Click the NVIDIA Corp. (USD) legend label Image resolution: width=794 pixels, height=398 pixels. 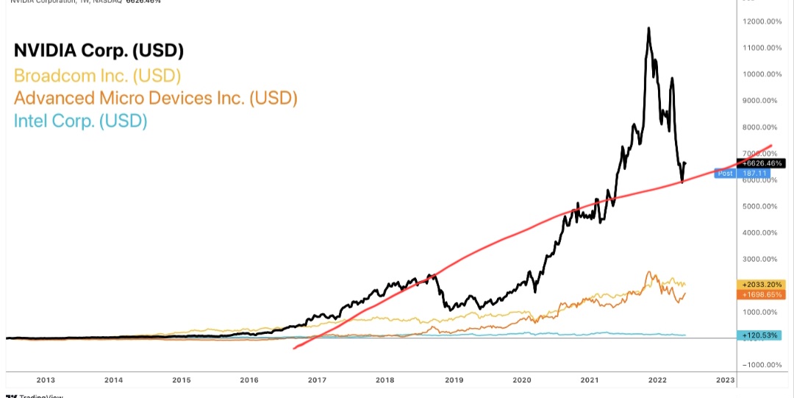[99, 51]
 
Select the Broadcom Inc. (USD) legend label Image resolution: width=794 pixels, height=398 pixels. [97, 75]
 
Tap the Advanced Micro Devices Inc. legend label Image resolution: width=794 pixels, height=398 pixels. [155, 98]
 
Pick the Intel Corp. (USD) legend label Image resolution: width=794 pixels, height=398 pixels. [81, 121]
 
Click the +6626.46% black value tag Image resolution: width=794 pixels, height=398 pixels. [759, 163]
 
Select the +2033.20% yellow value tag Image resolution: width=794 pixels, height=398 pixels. [759, 284]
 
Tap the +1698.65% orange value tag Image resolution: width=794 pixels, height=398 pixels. [759, 294]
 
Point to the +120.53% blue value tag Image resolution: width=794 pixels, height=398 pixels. [759, 336]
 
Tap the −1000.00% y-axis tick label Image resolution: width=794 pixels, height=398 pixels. [762, 365]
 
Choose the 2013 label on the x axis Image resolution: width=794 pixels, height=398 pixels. [46, 380]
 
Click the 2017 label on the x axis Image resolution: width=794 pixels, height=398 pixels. [317, 380]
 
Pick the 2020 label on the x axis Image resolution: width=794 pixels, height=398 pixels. [521, 380]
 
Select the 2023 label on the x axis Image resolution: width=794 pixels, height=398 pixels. [725, 380]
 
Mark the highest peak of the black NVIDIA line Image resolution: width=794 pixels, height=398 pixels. [648, 28]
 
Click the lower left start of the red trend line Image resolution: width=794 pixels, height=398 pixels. [293, 348]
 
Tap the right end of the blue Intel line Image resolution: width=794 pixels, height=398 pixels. [685, 335]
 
